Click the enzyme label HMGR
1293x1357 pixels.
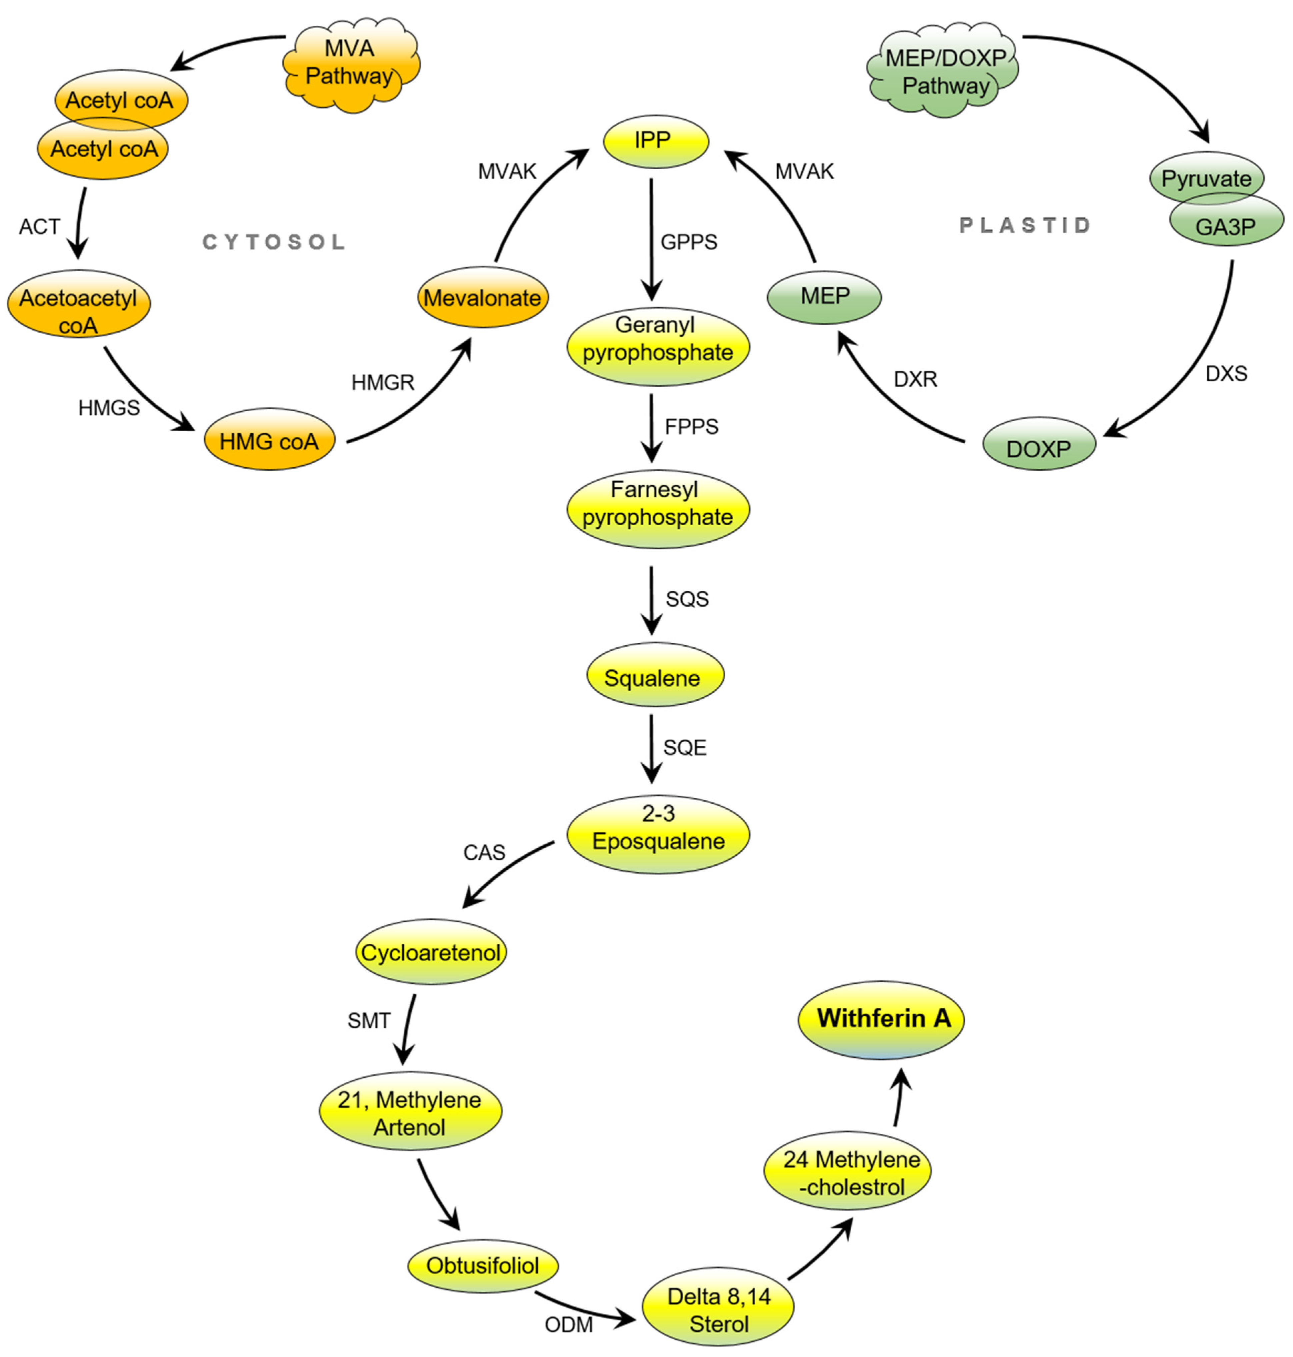pos(382,382)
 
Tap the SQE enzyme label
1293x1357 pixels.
pos(685,748)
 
